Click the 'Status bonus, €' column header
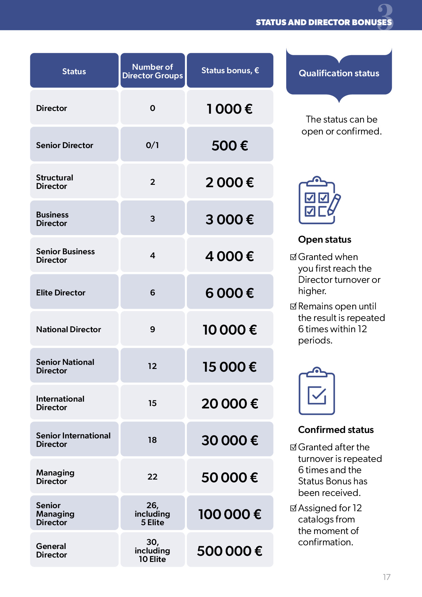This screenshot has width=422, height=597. pyautogui.click(x=230, y=70)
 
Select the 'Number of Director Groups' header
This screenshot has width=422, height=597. pyautogui.click(x=152, y=71)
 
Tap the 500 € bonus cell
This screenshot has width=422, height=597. pyautogui.click(x=230, y=145)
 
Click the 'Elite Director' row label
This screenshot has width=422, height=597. pyautogui.click(x=61, y=293)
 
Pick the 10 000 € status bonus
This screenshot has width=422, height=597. pyautogui.click(x=230, y=329)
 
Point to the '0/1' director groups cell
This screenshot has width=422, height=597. pyautogui.click(x=152, y=145)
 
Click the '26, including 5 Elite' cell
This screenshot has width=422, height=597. pyautogui.click(x=152, y=514)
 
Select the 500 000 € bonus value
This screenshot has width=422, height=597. pyautogui.click(x=230, y=551)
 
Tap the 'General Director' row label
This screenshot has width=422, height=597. pyautogui.click(x=52, y=550)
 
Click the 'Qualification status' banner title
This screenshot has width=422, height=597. pyautogui.click(x=339, y=73)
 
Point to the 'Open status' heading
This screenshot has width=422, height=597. pyautogui.click(x=325, y=240)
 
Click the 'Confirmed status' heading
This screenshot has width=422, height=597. pyautogui.click(x=336, y=430)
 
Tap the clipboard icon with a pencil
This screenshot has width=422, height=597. pyautogui.click(x=319, y=200)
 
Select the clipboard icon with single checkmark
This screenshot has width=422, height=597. pyautogui.click(x=317, y=391)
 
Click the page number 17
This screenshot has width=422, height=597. pyautogui.click(x=387, y=577)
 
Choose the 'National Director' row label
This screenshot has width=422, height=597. pyautogui.click(x=69, y=329)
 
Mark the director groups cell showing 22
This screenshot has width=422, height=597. pyautogui.click(x=152, y=477)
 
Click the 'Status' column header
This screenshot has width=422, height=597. pyautogui.click(x=74, y=71)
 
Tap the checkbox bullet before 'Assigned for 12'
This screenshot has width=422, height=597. pyautogui.click(x=293, y=508)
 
